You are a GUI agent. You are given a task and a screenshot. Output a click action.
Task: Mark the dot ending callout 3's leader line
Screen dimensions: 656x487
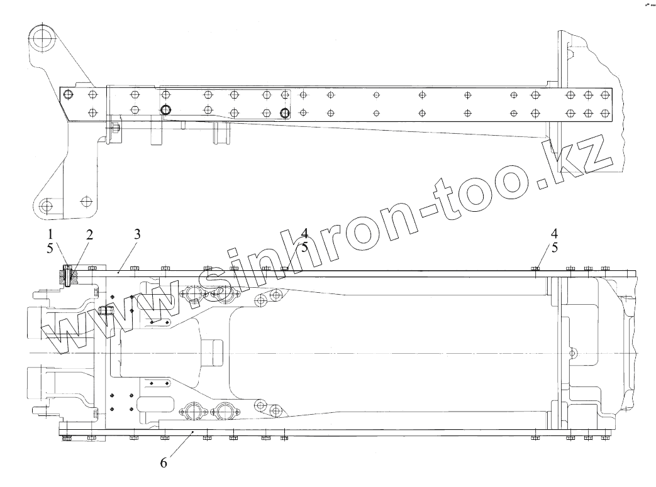pyautogui.click(x=119, y=273)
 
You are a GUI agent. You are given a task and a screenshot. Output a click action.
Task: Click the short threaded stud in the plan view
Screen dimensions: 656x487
pyautogui.click(x=105, y=312)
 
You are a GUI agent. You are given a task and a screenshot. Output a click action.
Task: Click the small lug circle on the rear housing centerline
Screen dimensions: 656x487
pyautogui.click(x=572, y=352)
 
